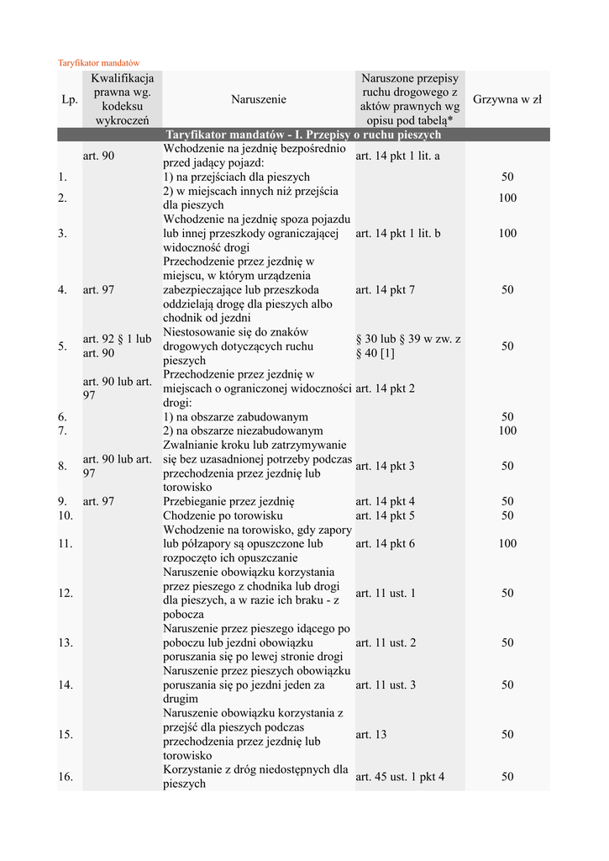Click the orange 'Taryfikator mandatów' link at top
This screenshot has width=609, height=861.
pyautogui.click(x=97, y=63)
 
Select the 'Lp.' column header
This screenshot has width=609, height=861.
pyautogui.click(x=69, y=99)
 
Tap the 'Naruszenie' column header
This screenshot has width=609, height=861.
pyautogui.click(x=258, y=99)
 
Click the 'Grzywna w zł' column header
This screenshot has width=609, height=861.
pyautogui.click(x=507, y=99)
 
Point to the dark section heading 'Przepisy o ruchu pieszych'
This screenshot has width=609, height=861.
pyautogui.click(x=303, y=135)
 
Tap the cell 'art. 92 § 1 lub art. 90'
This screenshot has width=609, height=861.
pyautogui.click(x=118, y=346)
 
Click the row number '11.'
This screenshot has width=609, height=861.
pyautogui.click(x=66, y=544)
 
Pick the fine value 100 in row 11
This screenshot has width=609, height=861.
pyautogui.click(x=507, y=544)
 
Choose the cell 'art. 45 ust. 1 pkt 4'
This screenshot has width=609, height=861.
pyautogui.click(x=400, y=777)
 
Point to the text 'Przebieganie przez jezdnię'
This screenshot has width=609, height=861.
pyautogui.click(x=228, y=501)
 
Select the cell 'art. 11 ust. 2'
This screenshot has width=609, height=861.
pyautogui.click(x=386, y=642)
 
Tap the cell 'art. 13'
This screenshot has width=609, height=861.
pyautogui.click(x=370, y=734)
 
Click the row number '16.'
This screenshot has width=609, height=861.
pyautogui.click(x=66, y=777)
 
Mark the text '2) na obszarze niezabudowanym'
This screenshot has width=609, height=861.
pyautogui.click(x=243, y=430)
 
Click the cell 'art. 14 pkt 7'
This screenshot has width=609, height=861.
pyautogui.click(x=385, y=289)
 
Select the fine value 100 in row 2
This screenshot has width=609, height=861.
pyautogui.click(x=507, y=198)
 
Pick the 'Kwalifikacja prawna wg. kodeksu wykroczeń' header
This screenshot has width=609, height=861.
pyautogui.click(x=122, y=99)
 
